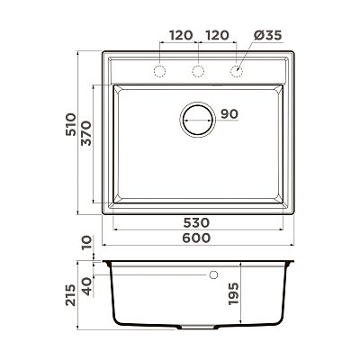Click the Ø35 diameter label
click(267, 35)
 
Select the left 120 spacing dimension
click(181, 35)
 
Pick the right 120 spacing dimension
click(218, 35)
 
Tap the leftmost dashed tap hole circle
click(159, 71)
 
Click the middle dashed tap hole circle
click(198, 71)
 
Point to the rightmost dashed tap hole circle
click(237, 71)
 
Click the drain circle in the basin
click(198, 120)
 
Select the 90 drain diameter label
click(229, 114)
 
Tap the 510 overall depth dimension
click(71, 124)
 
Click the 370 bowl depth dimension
click(86, 133)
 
